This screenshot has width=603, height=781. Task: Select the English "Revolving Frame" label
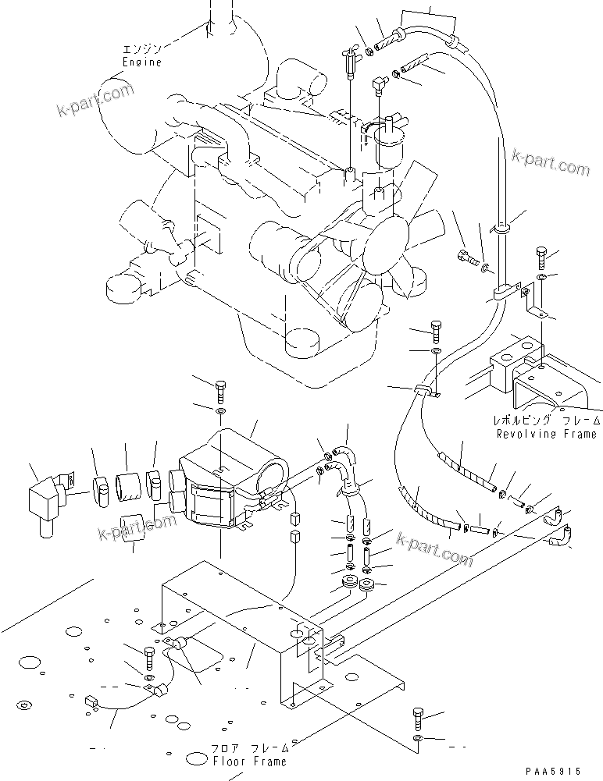click(x=546, y=433)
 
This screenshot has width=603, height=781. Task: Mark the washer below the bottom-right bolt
click(x=419, y=737)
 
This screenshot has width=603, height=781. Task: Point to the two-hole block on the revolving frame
click(x=516, y=355)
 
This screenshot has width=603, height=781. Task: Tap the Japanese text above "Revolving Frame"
click(x=546, y=420)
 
